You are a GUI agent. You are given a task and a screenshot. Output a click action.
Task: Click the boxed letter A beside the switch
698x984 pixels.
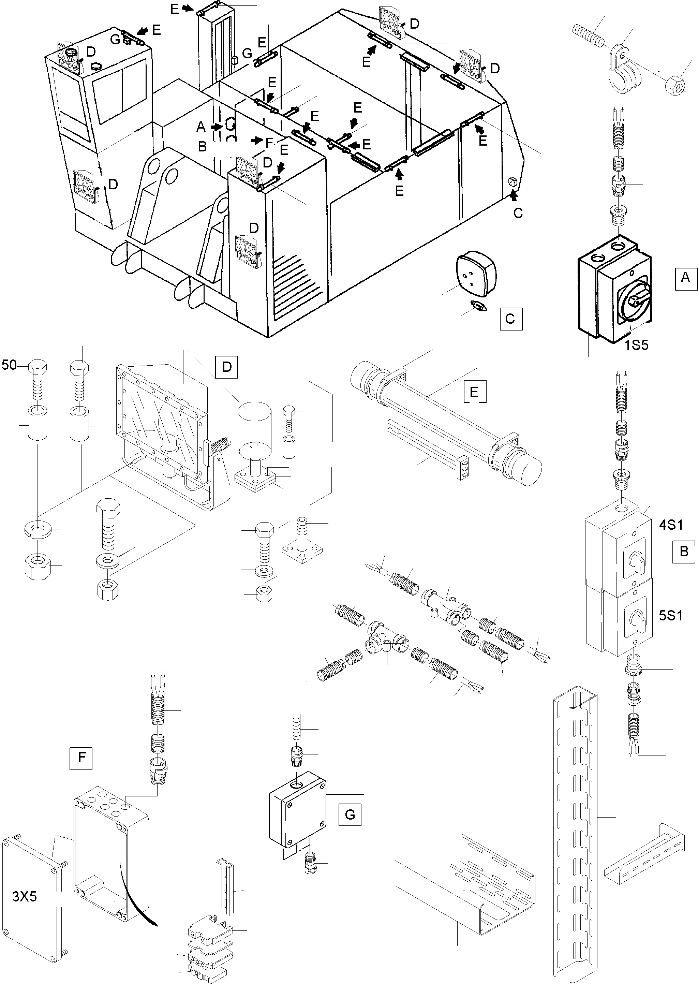click(685, 278)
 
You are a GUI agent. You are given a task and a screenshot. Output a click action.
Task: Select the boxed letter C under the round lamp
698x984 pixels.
click(510, 319)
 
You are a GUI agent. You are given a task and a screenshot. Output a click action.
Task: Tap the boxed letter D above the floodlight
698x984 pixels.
click(226, 367)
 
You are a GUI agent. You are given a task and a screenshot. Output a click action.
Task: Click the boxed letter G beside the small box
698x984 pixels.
click(350, 814)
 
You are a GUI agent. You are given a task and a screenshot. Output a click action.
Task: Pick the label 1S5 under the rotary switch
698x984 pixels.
click(636, 345)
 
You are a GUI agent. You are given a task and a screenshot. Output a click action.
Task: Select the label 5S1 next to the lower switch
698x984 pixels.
click(670, 616)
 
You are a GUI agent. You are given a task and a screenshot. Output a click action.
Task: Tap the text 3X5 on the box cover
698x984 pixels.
click(25, 896)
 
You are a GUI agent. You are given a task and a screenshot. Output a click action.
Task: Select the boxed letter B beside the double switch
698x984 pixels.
click(684, 551)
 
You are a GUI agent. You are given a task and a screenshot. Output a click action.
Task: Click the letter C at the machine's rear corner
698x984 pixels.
click(518, 213)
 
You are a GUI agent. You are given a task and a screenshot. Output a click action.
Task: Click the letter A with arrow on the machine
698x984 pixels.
click(201, 127)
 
